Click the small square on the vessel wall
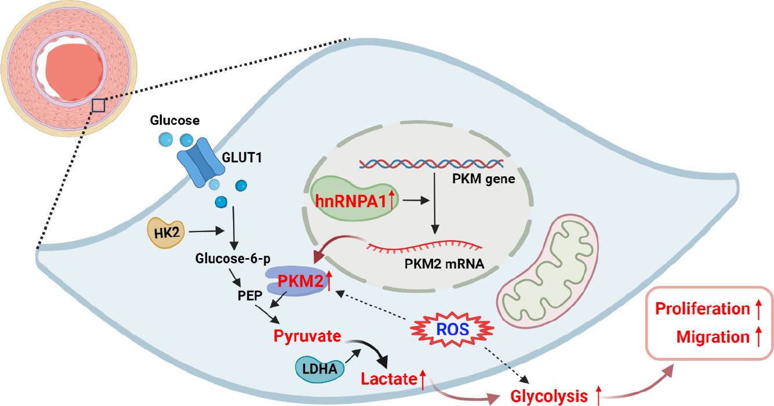coord(99,105)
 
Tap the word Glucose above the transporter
coord(175,121)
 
